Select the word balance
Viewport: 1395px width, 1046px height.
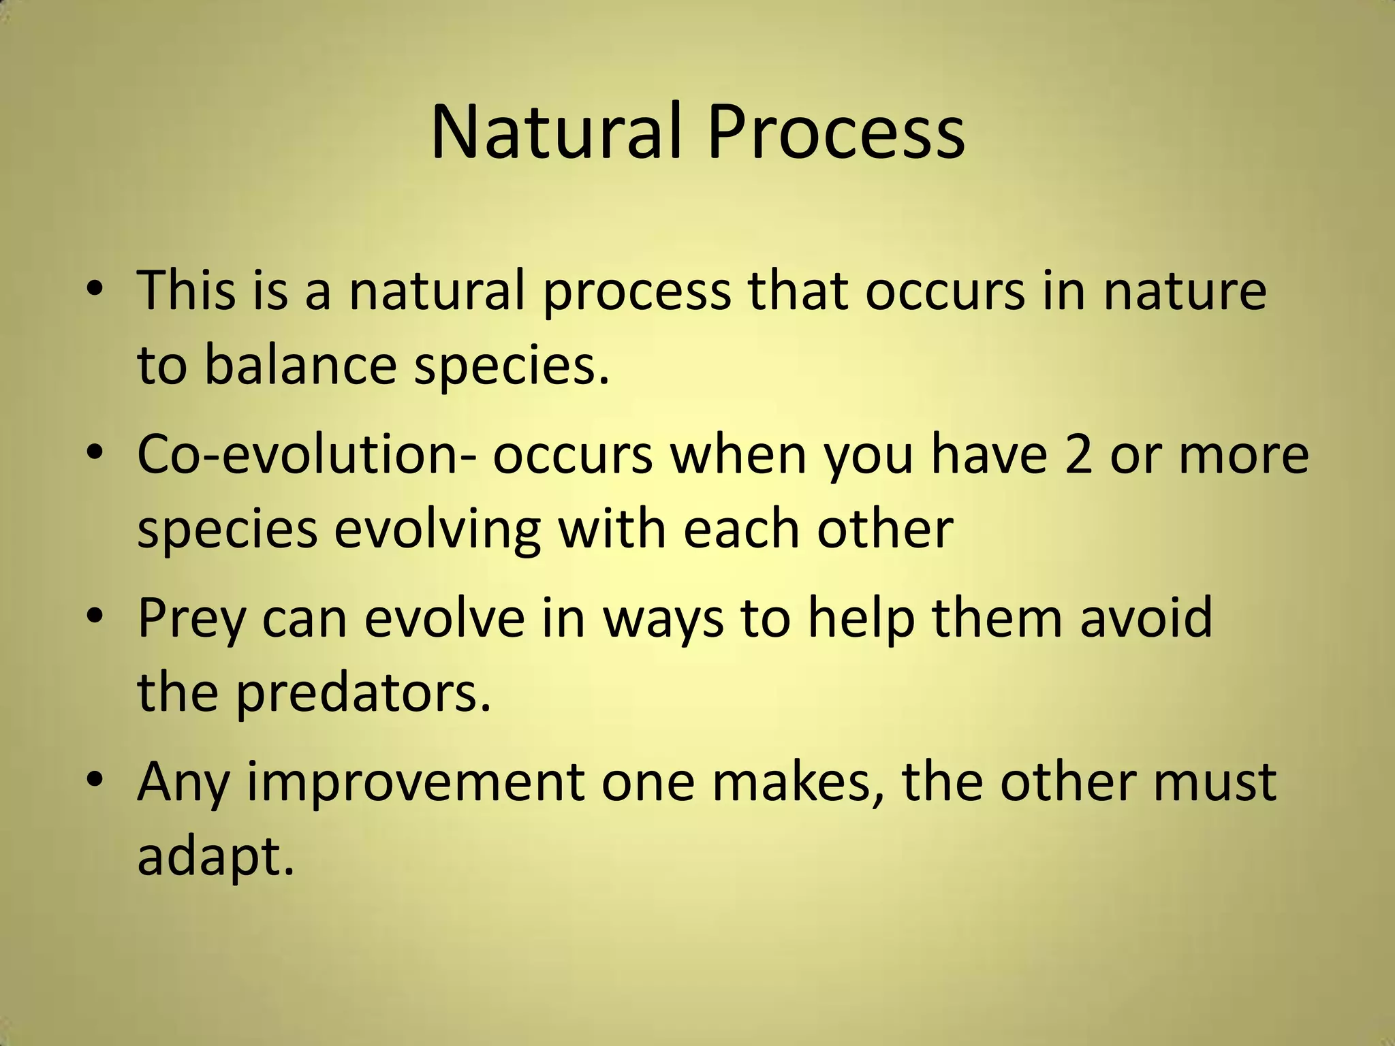coord(300,364)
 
